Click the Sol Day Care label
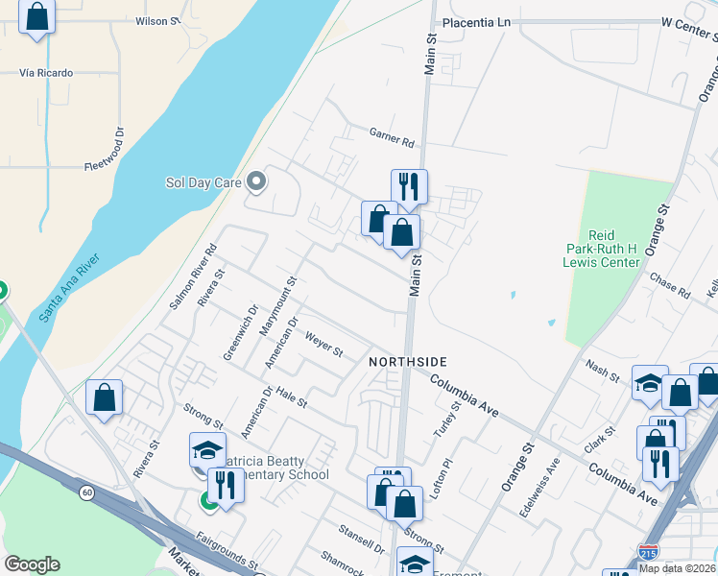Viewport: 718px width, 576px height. point(204,181)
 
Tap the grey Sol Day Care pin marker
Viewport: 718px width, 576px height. point(256,180)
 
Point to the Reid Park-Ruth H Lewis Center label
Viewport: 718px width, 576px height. point(602,249)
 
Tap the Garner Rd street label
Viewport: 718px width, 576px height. point(392,137)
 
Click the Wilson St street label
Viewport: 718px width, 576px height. point(157,20)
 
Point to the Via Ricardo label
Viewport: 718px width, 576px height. point(47,72)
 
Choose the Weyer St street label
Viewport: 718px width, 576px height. point(323,344)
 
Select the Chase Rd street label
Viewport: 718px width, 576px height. point(670,283)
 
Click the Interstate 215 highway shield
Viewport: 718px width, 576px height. point(648,555)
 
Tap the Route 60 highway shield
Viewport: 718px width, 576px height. point(86,492)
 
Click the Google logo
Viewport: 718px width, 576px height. point(32,564)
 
